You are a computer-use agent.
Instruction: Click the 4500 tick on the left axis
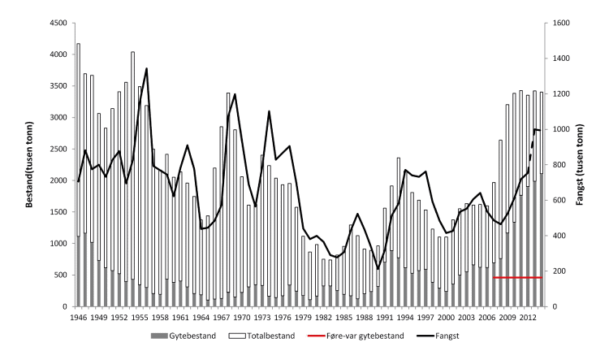54,23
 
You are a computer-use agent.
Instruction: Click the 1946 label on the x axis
78,317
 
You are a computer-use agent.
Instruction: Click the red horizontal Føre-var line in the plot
517,277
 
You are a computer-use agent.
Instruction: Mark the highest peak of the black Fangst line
146,69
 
